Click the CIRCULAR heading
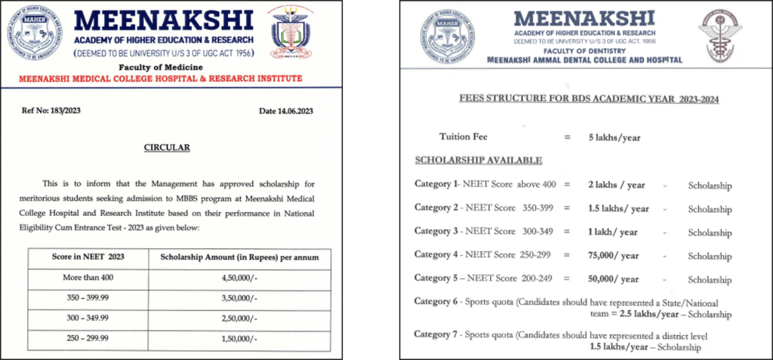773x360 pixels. [167, 148]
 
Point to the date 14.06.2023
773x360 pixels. [285, 111]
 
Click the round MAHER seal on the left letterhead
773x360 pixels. [35, 34]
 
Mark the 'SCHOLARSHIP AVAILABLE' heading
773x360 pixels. [478, 160]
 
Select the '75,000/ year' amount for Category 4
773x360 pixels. [614, 255]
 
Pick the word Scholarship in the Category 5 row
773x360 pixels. [710, 279]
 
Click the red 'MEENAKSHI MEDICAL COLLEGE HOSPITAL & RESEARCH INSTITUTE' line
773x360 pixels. [159, 78]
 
